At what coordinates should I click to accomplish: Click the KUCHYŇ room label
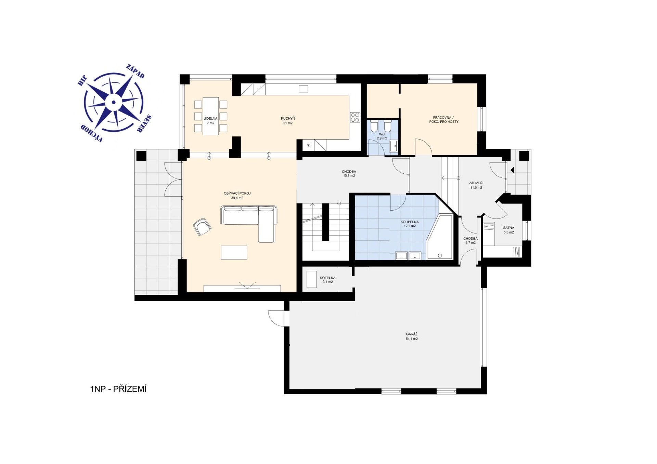[x=288, y=119]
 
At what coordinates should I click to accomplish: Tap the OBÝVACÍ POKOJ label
[x=237, y=194]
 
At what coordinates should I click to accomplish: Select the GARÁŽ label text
[x=412, y=334]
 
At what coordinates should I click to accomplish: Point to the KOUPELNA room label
[x=410, y=222]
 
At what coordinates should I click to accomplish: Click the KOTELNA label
[x=327, y=278]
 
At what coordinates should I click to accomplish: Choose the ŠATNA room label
[x=508, y=228]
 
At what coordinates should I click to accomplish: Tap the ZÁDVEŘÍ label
[x=476, y=183]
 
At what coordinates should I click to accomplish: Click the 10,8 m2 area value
[x=349, y=176]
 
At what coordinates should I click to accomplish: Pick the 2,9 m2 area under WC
[x=382, y=138]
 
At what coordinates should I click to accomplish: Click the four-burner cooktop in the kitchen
[x=355, y=117]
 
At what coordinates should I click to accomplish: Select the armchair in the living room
[x=202, y=227]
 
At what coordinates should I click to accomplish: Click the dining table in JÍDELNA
[x=210, y=116]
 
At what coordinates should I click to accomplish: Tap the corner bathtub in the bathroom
[x=439, y=237]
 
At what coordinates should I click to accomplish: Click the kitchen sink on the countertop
[x=303, y=89]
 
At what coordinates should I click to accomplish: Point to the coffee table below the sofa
[x=234, y=252]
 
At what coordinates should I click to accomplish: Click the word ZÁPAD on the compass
[x=136, y=71]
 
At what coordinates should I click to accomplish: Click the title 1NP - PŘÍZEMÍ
[x=118, y=389]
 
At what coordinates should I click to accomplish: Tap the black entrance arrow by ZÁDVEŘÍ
[x=512, y=170]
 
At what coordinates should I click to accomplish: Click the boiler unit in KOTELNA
[x=311, y=279]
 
